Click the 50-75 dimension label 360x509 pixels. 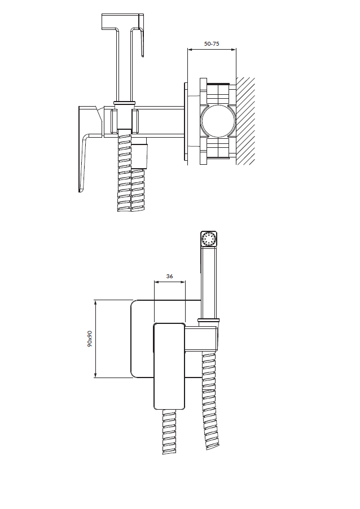pyautogui.click(x=212, y=43)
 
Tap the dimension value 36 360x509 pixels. pyautogui.click(x=169, y=277)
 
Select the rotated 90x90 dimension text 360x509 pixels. pyautogui.click(x=90, y=339)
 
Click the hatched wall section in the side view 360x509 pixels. pyautogui.click(x=245, y=121)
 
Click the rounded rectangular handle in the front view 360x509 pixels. pyautogui.click(x=169, y=366)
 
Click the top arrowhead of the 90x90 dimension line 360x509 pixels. pyautogui.click(x=95, y=302)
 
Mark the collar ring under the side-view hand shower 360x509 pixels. pyautogui.click(x=124, y=103)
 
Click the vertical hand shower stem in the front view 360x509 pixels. pyautogui.click(x=209, y=282)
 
